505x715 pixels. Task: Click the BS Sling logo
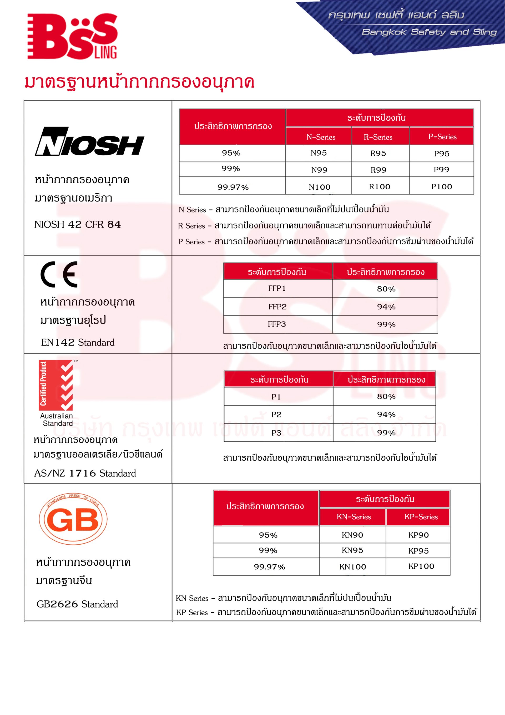click(72, 36)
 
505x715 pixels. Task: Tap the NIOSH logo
click(89, 142)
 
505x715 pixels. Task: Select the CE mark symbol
click(59, 274)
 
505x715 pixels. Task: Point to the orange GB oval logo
click(73, 519)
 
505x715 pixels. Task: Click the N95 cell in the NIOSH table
click(319, 153)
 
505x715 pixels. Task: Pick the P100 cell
click(441, 186)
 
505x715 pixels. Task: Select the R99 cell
click(378, 170)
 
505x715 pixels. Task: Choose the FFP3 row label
click(276, 324)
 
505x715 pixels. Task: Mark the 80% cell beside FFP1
click(386, 289)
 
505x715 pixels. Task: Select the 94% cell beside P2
click(386, 415)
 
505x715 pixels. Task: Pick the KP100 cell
click(421, 566)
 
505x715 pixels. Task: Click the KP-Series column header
click(421, 517)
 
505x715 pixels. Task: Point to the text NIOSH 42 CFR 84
click(77, 224)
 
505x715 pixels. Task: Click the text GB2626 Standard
click(77, 604)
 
